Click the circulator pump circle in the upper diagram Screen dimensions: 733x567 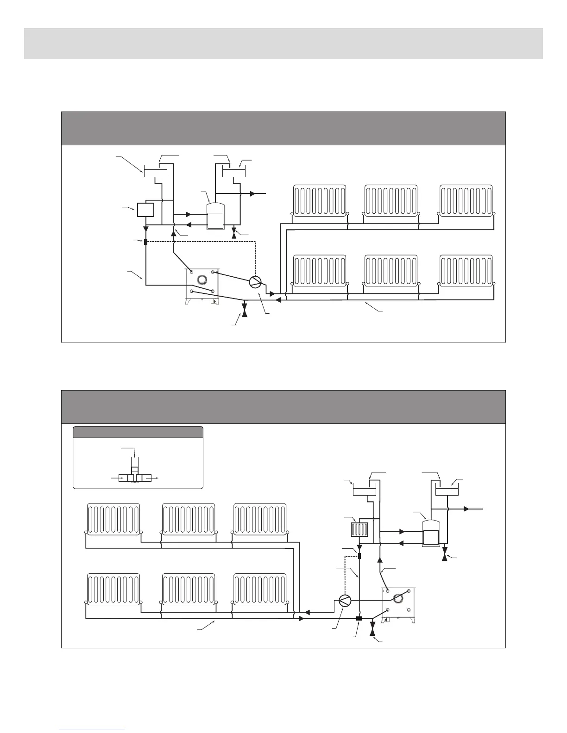256,281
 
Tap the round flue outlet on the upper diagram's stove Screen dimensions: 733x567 202,279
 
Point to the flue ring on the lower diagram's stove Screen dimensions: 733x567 398,598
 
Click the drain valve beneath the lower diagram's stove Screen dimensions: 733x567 373,630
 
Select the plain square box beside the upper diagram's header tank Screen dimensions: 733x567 145,210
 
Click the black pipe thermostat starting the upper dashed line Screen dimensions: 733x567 145,242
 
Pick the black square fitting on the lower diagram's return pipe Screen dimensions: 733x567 359,619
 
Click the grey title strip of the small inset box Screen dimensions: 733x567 138,432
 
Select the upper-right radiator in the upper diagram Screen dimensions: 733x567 466,200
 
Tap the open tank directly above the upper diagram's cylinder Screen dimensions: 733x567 234,172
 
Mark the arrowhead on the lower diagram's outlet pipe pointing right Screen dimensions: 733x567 466,509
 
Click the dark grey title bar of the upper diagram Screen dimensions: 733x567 283,128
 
